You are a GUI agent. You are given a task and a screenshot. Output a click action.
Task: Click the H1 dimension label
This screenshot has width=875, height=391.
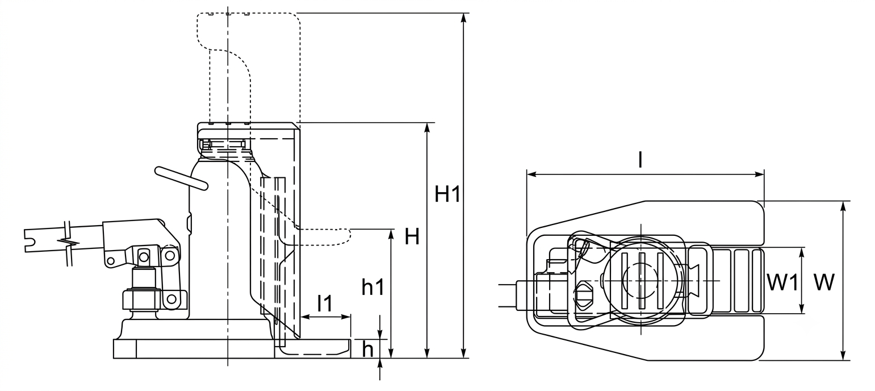pos(448,194)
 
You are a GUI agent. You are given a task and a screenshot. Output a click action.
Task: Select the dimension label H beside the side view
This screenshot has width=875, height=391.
pos(412,236)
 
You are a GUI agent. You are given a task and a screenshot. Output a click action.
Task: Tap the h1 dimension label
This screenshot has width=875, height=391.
pos(373,287)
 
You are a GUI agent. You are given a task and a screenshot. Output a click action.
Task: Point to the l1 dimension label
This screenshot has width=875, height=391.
pos(325,303)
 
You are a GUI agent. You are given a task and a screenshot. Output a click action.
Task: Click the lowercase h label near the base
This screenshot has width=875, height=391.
pos(368,349)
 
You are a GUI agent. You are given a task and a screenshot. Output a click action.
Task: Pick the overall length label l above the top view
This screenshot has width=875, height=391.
pos(640,160)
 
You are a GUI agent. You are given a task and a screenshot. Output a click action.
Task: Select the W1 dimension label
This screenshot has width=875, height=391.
pos(782,282)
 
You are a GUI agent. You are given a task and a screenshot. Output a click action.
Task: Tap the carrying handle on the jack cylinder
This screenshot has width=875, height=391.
pos(182,178)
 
